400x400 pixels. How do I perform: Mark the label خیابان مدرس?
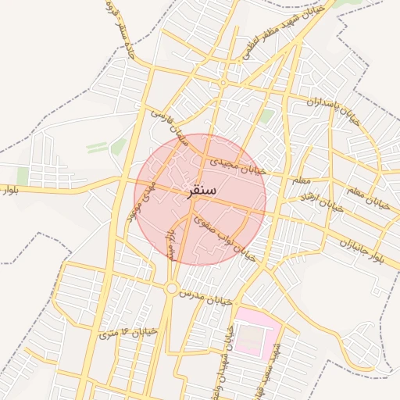pyautogui.click(x=205, y=298)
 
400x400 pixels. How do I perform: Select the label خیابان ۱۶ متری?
pyautogui.click(x=129, y=333)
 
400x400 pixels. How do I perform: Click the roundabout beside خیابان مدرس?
pyautogui.click(x=171, y=288)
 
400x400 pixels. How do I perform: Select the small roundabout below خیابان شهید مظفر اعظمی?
pyautogui.click(x=223, y=83)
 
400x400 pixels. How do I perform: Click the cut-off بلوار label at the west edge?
pyautogui.click(x=8, y=191)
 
